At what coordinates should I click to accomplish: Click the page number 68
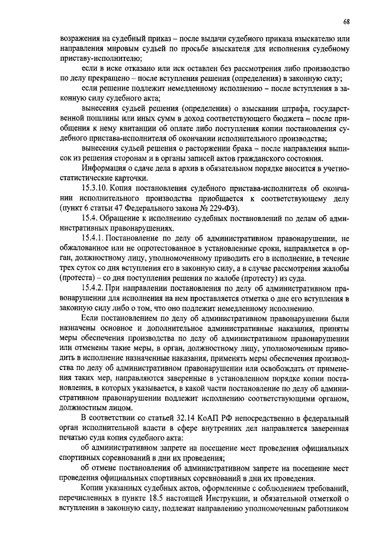click(x=346, y=22)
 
